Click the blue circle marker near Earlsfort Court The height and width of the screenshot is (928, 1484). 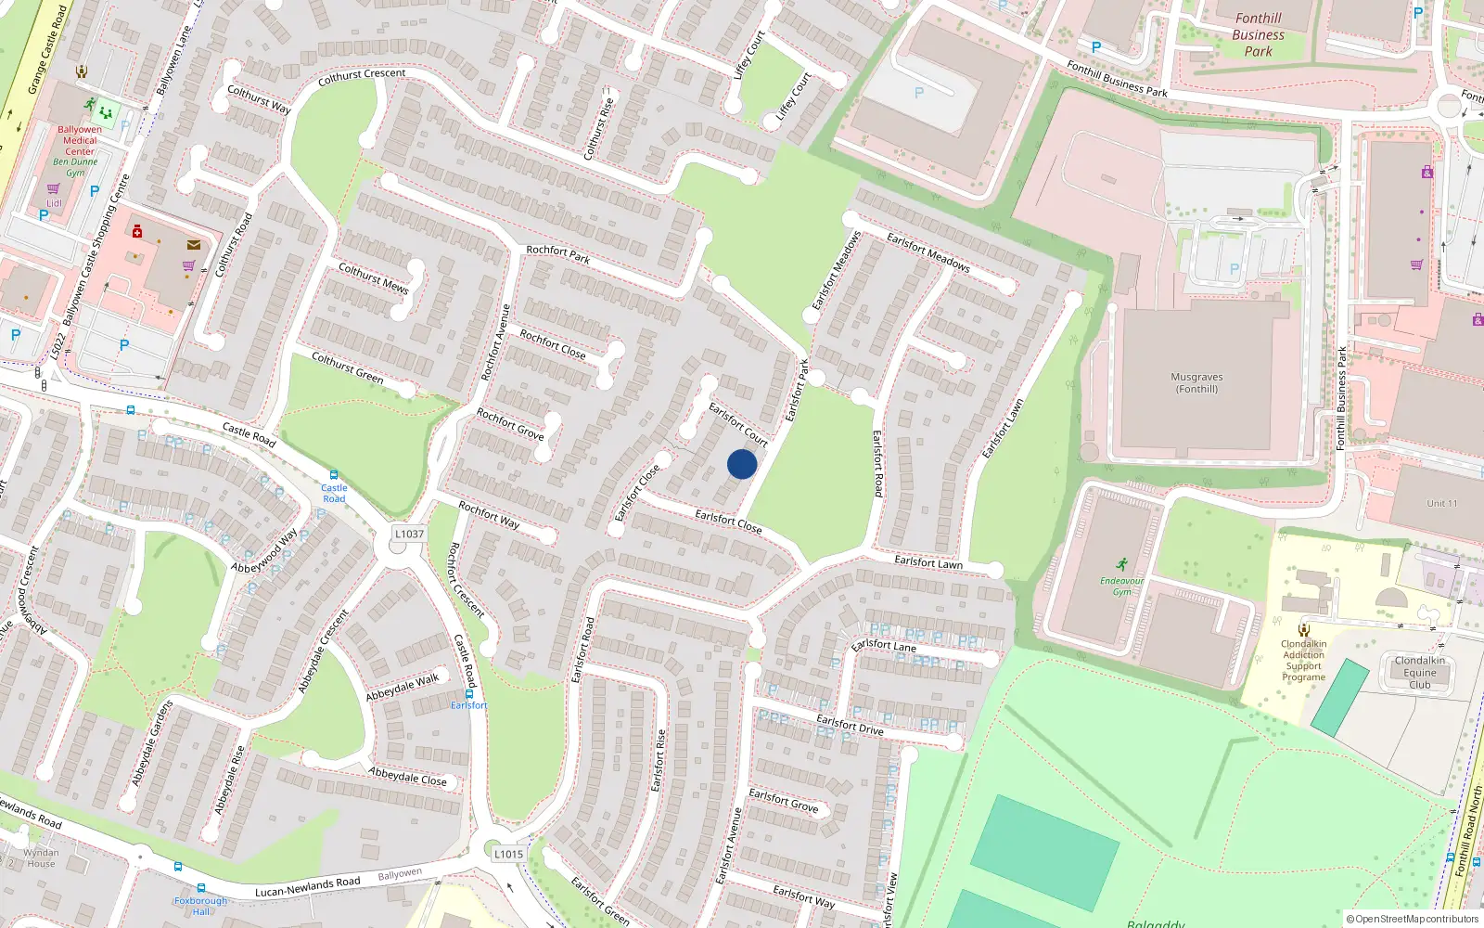click(742, 464)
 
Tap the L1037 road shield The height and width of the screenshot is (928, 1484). click(409, 534)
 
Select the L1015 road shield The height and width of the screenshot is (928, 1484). click(508, 854)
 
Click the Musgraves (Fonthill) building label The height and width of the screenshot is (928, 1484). click(1196, 383)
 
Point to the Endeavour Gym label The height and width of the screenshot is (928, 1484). click(1122, 586)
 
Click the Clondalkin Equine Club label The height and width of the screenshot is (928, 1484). click(1419, 673)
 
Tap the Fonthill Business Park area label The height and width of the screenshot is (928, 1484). click(1259, 34)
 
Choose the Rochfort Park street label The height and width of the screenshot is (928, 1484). click(557, 254)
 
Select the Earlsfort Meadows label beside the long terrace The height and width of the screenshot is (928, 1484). click(927, 251)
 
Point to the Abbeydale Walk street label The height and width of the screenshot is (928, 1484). click(403, 688)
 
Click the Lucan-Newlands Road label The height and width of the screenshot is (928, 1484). click(308, 887)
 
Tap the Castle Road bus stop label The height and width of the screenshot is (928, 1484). click(334, 493)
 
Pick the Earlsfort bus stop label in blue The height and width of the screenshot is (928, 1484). click(468, 705)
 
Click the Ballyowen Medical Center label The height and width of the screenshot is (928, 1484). click(80, 141)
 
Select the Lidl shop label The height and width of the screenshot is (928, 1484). click(54, 203)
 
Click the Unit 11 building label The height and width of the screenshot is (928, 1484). click(1441, 503)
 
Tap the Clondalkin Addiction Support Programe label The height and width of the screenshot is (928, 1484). click(1303, 661)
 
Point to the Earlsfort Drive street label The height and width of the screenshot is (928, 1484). click(850, 725)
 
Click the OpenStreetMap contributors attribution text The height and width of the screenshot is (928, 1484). click(1413, 919)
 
